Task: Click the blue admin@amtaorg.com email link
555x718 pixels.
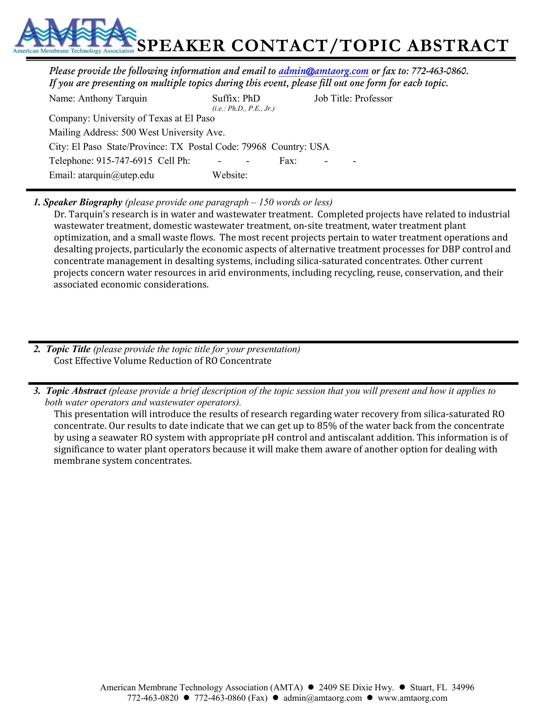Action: (x=323, y=71)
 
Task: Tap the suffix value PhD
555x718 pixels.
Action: (x=251, y=99)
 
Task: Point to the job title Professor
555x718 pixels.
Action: (x=373, y=99)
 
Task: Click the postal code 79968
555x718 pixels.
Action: (x=254, y=147)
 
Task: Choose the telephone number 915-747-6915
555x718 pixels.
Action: (x=124, y=161)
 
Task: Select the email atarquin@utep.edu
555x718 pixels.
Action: (x=116, y=175)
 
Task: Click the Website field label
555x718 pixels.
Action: (x=230, y=175)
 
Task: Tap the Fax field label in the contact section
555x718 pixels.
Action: (x=288, y=161)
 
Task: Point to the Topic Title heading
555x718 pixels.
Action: (x=68, y=349)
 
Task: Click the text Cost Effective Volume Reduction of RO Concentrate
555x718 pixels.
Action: (x=163, y=361)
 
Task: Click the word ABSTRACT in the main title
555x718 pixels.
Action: (x=458, y=46)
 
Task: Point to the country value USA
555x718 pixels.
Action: (x=319, y=147)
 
